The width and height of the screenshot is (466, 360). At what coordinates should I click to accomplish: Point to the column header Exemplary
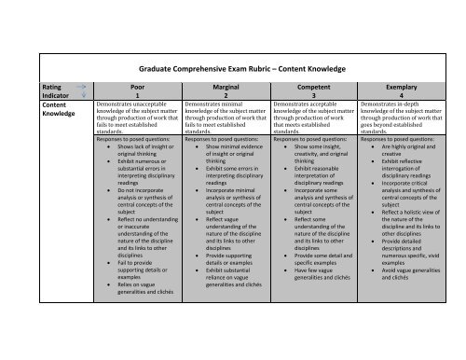coord(403,84)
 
